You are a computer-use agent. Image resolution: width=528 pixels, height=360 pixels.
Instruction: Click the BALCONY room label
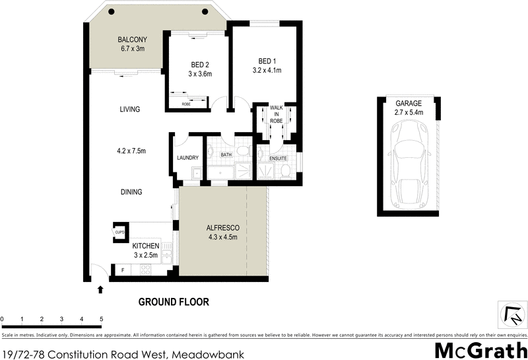(132, 39)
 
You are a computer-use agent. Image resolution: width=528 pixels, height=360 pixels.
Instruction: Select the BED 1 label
(267, 59)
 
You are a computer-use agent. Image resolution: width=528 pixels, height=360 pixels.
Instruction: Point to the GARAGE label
(409, 104)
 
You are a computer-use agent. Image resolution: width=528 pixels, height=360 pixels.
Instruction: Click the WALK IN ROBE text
(276, 115)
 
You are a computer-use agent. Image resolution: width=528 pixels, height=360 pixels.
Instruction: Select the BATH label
(226, 155)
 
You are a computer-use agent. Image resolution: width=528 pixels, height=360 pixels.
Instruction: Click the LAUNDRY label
(187, 157)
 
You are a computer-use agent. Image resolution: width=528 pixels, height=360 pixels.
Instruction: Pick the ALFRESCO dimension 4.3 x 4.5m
(222, 238)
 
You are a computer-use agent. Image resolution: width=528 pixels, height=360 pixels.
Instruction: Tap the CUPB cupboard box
(119, 232)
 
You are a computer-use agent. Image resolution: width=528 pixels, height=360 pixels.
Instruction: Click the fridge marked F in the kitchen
(121, 270)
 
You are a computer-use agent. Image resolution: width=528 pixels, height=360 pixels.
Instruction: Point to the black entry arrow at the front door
(100, 289)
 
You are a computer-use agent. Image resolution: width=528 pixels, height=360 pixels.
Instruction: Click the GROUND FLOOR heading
(173, 303)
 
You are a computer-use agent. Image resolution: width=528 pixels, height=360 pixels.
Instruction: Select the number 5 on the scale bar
(101, 318)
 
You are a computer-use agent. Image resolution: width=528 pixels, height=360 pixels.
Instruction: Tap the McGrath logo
(480, 350)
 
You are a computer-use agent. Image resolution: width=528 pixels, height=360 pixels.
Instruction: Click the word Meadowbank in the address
(208, 354)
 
